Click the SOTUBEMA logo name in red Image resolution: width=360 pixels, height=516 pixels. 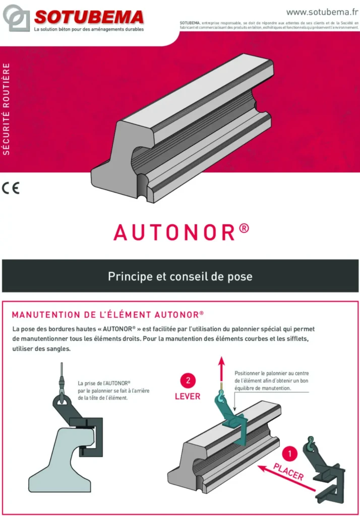89,17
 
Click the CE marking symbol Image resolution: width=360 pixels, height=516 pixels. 11,189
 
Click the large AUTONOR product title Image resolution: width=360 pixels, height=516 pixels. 174,232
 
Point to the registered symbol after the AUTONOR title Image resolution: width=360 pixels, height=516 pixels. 244,227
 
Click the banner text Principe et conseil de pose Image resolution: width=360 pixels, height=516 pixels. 180,277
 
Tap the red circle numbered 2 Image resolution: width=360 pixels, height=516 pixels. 187,380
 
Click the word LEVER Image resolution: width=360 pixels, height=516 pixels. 187,396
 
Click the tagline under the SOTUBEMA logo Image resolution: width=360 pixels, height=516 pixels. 89,30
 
